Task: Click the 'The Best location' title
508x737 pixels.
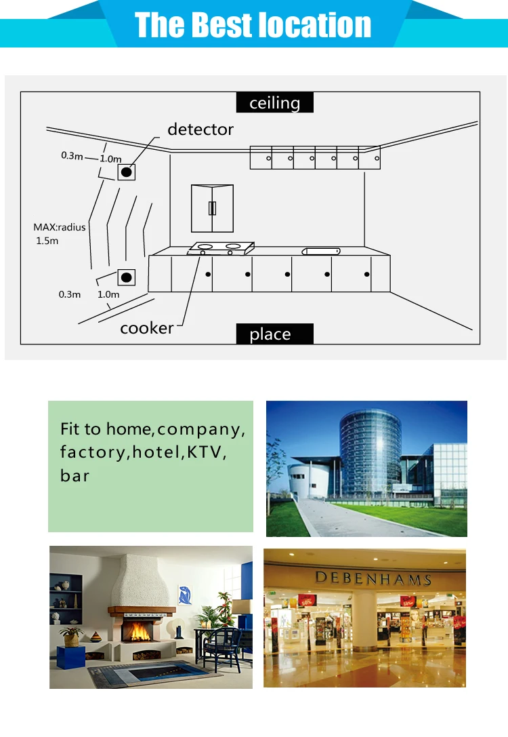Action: coord(253,24)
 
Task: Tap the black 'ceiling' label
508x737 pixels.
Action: coord(274,102)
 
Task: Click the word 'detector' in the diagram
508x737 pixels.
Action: coord(200,129)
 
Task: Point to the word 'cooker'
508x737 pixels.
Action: coord(147,328)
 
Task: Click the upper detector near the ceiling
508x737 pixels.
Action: coord(127,172)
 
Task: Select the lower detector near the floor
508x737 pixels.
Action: coord(127,277)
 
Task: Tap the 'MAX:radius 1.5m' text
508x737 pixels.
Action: coord(60,234)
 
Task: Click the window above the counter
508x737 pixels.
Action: coord(212,208)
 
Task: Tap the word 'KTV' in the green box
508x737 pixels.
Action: coord(205,452)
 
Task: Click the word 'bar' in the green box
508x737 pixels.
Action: coord(75,475)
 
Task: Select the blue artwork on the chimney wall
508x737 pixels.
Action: coord(184,595)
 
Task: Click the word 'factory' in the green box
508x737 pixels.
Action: coord(92,452)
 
